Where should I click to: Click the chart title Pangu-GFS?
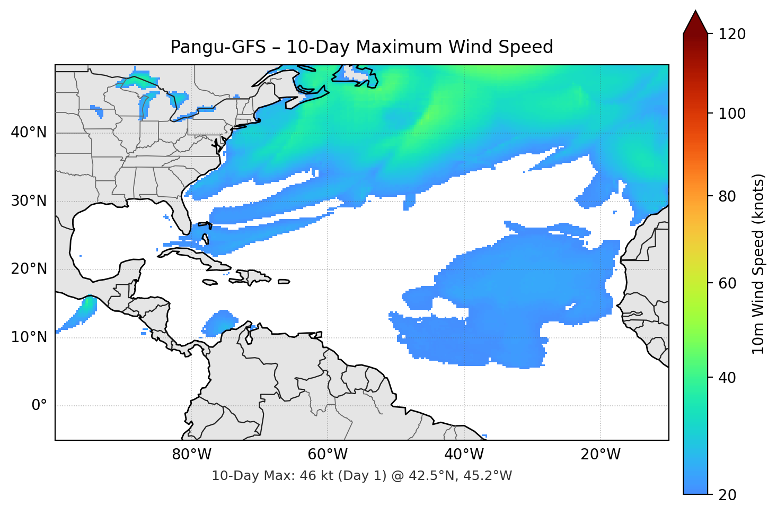coord(361,47)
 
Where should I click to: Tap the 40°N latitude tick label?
coord(29,133)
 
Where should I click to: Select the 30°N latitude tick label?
coord(29,201)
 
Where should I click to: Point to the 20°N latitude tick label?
coord(29,269)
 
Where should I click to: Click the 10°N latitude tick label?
coord(29,337)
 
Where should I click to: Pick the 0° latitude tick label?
coord(39,406)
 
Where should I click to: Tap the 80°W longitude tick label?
coord(191,455)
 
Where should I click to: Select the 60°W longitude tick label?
coord(328,455)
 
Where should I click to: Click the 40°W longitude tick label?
coord(464,455)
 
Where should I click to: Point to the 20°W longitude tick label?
coord(601,455)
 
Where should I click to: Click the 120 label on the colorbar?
coord(732,34)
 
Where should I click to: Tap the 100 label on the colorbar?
coord(732,114)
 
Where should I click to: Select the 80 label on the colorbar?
coord(726,196)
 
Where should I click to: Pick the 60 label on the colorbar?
coord(726,283)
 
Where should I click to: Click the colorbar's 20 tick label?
coord(726,495)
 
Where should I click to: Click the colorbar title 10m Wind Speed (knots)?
coord(758,264)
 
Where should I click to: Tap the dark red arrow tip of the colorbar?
coord(695,21)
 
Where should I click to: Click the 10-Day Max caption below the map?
coord(361,476)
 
